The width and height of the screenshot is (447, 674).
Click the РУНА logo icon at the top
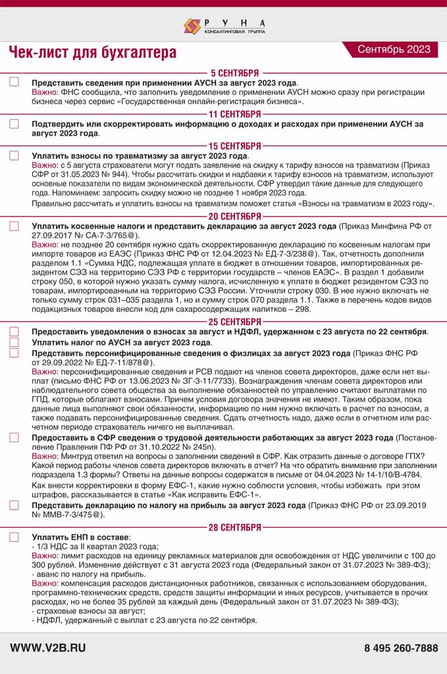point(192,26)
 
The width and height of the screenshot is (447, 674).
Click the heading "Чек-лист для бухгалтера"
point(93,52)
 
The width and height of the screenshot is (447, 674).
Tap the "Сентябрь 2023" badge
point(394,49)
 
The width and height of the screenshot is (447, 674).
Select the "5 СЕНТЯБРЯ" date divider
point(234,73)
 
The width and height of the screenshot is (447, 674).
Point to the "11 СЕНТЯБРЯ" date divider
point(234,114)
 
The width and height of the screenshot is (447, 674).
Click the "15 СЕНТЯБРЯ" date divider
point(234,145)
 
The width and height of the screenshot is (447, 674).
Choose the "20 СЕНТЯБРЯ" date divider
point(234,216)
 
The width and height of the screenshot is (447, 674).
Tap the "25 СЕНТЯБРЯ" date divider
point(234,321)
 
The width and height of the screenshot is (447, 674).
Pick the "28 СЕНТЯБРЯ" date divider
point(234,527)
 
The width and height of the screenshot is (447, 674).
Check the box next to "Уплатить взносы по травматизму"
point(14,155)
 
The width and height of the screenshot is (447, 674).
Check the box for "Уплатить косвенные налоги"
point(14,226)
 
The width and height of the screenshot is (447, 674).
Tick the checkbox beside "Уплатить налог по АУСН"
point(14,342)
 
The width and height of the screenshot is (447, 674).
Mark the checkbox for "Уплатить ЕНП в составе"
point(14,537)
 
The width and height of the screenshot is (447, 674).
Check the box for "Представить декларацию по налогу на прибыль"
point(14,505)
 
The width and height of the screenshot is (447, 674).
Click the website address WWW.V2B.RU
point(48,648)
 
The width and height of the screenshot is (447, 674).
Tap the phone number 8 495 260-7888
point(400,648)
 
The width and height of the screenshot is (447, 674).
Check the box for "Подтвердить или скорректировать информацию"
point(14,124)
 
